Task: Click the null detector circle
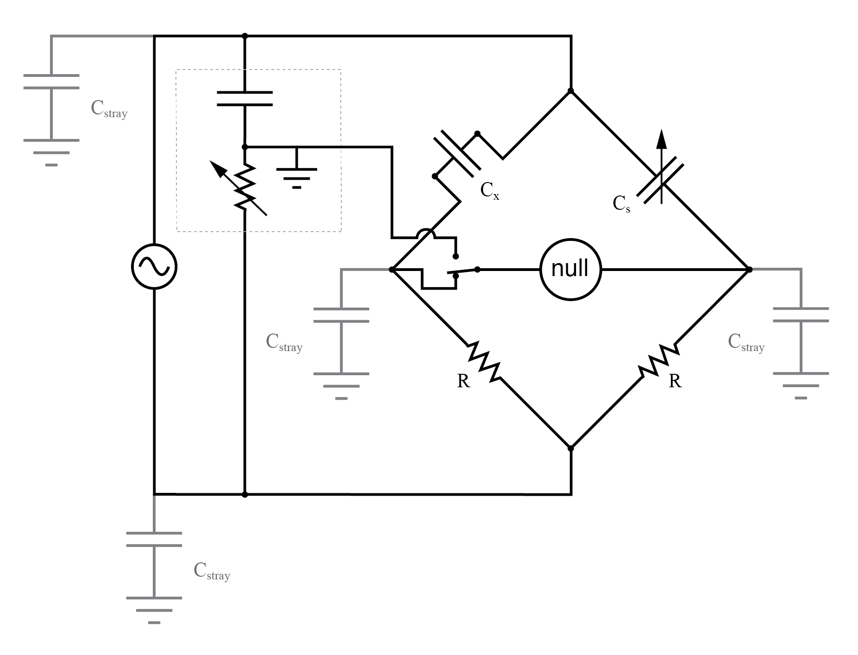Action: (570, 269)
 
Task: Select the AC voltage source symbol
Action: (154, 266)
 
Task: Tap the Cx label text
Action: (489, 190)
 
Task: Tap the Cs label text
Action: (621, 203)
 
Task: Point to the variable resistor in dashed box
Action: (244, 188)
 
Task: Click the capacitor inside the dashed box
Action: (244, 98)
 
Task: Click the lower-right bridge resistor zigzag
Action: (658, 360)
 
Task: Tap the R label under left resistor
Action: (463, 381)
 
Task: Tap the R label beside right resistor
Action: (675, 381)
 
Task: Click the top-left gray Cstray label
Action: (109, 109)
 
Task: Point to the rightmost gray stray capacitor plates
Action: (801, 315)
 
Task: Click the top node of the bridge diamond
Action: (570, 91)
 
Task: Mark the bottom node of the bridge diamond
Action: (570, 448)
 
